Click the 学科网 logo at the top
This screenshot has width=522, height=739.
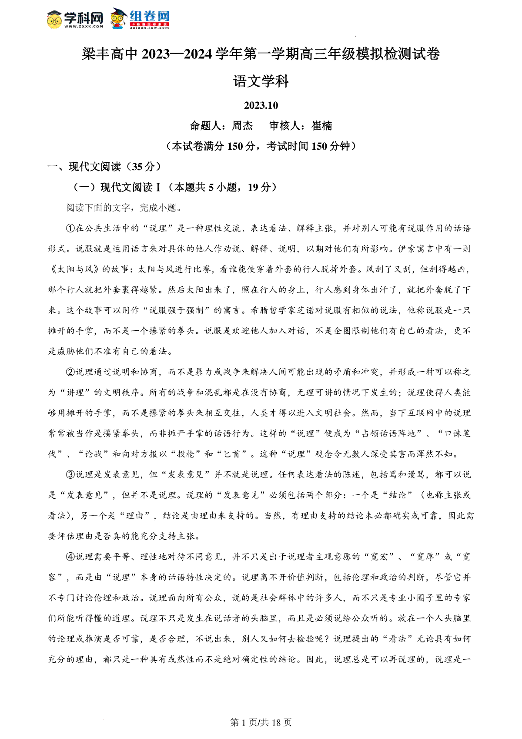[75, 20]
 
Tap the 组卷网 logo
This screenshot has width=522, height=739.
[140, 20]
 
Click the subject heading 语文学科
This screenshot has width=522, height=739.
[261, 81]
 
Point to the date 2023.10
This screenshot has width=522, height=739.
[261, 105]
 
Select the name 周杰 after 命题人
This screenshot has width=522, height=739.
[242, 126]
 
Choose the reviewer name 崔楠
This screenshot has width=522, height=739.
[322, 126]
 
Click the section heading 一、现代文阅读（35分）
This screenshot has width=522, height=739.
[104, 167]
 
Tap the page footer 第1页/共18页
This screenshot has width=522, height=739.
[261, 722]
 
